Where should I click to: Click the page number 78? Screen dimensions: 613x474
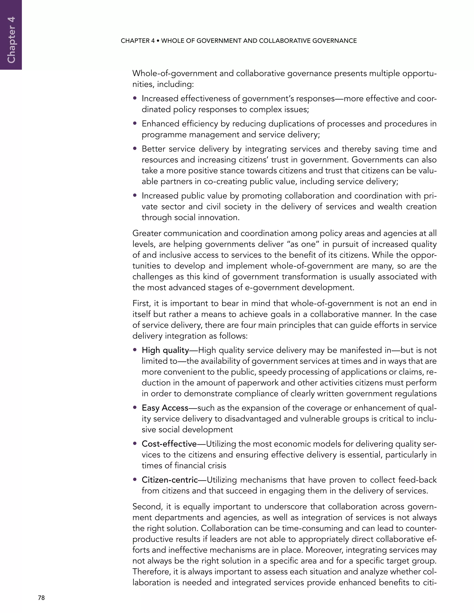pyautogui.click(x=41, y=598)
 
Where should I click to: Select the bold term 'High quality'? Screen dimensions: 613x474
pyautogui.click(x=165, y=350)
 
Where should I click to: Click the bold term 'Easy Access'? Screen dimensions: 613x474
pyautogui.click(x=165, y=408)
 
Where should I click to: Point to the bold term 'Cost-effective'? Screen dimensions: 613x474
pyautogui.click(x=169, y=444)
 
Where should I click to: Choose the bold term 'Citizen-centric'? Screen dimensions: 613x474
pyautogui.click(x=170, y=480)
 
